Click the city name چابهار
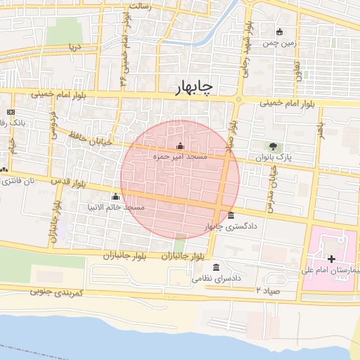(x=195, y=86)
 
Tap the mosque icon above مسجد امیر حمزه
(x=180, y=146)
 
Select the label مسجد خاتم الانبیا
(x=116, y=207)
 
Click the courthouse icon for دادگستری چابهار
(x=231, y=215)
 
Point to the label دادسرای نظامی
(x=218, y=278)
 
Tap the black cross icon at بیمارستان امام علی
(x=331, y=259)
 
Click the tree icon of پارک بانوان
(x=272, y=146)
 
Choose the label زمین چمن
(x=280, y=43)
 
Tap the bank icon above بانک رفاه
(x=11, y=112)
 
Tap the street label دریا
(x=74, y=47)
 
